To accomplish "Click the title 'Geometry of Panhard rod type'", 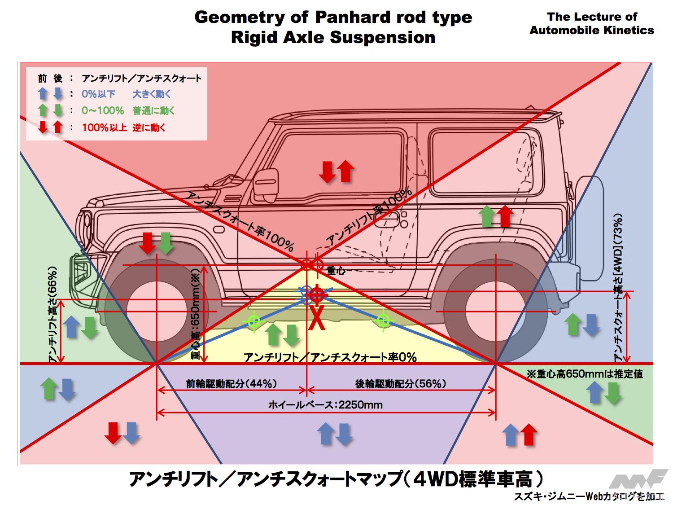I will coord(333,18).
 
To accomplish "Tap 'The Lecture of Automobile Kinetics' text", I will coord(591,24).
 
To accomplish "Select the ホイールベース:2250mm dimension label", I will coord(325,405).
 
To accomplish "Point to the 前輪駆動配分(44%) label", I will coord(232,384).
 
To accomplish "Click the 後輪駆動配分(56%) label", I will coord(401,384).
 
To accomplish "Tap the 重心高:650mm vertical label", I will coord(196,315).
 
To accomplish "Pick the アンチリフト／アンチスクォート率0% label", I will coord(330,357).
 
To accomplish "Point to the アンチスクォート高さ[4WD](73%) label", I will coord(619,287).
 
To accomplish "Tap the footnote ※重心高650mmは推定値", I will coord(585,374).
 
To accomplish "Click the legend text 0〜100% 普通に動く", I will coord(128,111).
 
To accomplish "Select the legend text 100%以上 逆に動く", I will coord(124,127).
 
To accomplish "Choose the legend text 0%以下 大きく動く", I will coord(126,94).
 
